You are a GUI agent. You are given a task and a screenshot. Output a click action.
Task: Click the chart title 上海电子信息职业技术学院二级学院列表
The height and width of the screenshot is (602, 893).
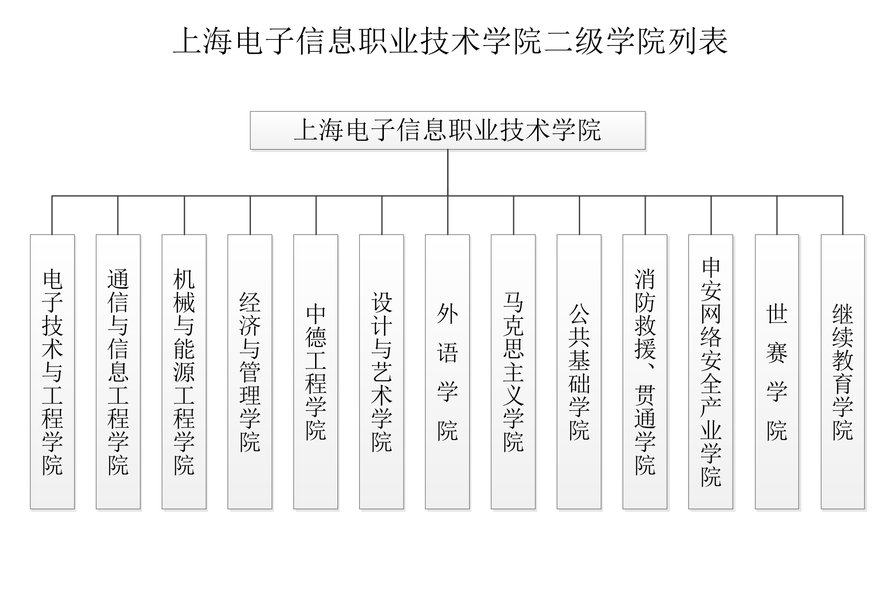[x=450, y=41]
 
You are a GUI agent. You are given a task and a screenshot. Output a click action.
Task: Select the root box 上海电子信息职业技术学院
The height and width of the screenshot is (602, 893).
[x=448, y=130]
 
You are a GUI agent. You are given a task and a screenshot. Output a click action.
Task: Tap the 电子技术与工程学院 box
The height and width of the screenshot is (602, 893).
[x=52, y=372]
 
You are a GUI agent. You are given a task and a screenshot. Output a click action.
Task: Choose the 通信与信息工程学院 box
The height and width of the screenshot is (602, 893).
[x=118, y=372]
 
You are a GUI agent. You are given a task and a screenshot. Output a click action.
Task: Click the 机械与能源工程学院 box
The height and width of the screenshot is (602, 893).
[x=184, y=372]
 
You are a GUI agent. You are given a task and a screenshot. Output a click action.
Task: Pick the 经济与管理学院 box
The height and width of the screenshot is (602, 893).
[x=250, y=372]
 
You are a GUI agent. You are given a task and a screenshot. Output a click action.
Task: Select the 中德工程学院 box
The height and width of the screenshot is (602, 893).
[x=316, y=372]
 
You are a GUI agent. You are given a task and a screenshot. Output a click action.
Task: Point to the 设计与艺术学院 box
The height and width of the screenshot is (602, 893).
[x=382, y=372]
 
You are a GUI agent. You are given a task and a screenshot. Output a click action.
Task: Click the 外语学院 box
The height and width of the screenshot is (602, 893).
[x=448, y=372]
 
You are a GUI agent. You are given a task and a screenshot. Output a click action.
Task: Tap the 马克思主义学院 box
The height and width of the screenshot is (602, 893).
[x=513, y=372]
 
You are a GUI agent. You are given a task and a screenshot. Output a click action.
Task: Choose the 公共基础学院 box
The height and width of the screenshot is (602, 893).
[x=579, y=372]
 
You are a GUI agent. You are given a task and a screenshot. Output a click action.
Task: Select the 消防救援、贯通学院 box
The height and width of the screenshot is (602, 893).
[x=645, y=372]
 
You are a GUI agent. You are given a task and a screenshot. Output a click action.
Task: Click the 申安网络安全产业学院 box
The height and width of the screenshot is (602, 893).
[x=711, y=372]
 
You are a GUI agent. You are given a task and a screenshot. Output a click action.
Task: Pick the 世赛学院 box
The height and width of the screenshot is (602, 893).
[x=777, y=372]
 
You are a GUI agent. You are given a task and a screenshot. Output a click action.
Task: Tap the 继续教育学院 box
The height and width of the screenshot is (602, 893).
[x=843, y=372]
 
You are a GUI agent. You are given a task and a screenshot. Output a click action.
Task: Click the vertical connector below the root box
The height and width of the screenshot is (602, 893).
[x=448, y=173]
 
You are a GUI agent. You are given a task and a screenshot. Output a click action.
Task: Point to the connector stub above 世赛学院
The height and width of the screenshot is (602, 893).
[x=777, y=215]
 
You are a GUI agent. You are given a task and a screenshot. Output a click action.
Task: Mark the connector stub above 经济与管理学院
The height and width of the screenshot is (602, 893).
[x=250, y=215]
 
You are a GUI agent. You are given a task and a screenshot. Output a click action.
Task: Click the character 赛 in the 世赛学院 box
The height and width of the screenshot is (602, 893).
[x=777, y=352]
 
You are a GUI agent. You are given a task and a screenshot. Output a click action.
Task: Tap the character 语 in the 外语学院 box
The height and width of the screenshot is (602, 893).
[x=448, y=352]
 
